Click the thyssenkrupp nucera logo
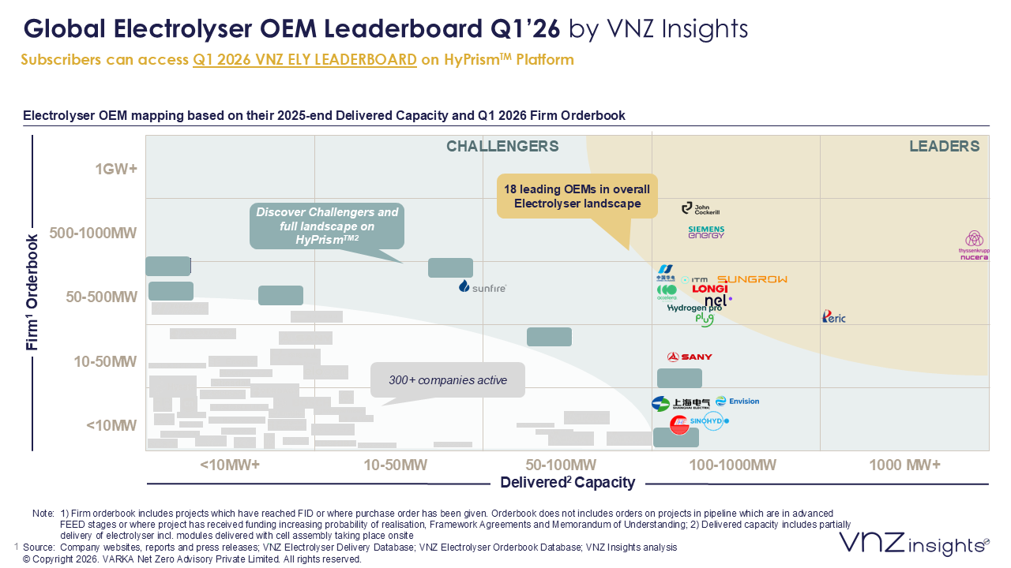click(x=974, y=245)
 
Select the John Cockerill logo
click(x=701, y=208)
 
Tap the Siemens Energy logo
click(x=706, y=232)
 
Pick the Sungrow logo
click(x=752, y=279)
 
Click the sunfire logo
click(x=482, y=287)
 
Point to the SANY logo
click(x=690, y=357)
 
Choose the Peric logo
click(x=833, y=317)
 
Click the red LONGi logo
click(x=709, y=290)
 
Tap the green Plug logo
click(x=704, y=319)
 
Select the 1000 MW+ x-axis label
click(x=904, y=465)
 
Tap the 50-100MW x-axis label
click(x=560, y=465)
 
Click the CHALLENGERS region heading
click(x=502, y=147)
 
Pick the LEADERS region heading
click(x=944, y=147)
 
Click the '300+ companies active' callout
click(x=448, y=380)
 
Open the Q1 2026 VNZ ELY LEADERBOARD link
click(x=305, y=60)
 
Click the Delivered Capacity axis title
click(x=567, y=482)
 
